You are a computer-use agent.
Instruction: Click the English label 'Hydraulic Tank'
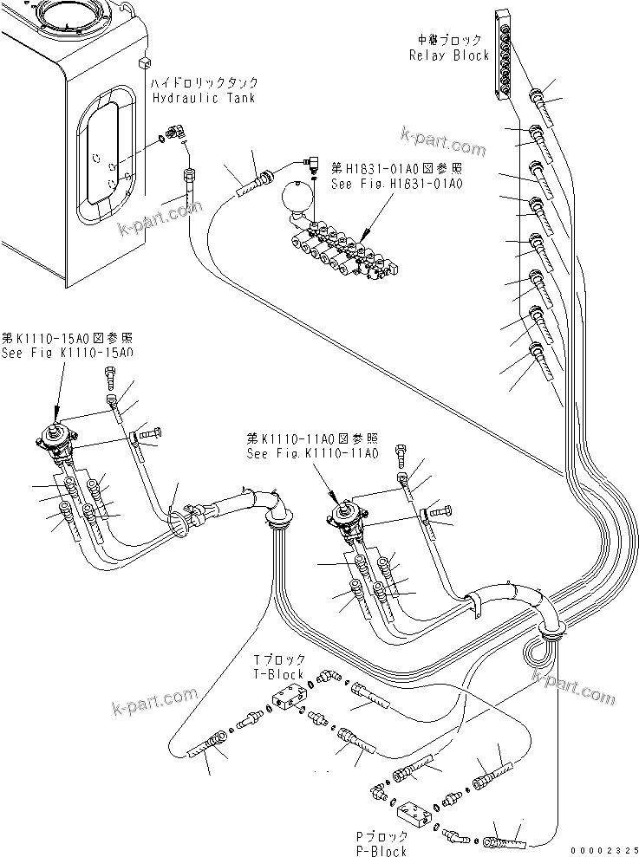tap(204, 98)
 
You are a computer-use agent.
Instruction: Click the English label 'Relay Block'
tap(449, 55)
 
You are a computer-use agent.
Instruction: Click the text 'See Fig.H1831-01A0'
tap(395, 184)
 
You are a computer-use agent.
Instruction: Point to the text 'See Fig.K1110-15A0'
tap(68, 353)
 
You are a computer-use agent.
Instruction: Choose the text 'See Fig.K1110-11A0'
tap(312, 453)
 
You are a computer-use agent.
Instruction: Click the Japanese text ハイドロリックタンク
tap(204, 83)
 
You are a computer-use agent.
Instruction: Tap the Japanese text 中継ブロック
tap(449, 40)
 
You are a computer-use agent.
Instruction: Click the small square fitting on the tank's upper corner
tap(145, 63)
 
